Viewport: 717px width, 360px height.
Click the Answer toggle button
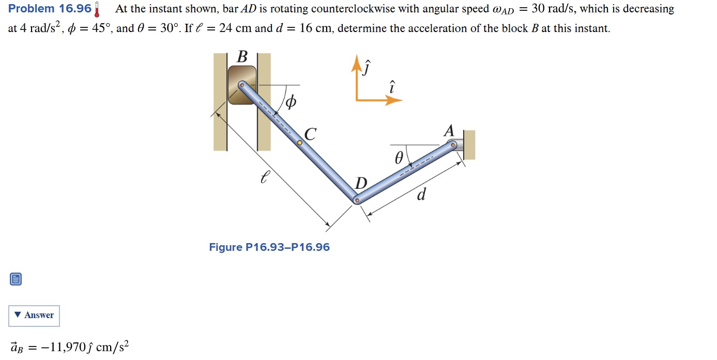(x=34, y=316)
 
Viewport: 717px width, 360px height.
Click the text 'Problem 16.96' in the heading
(x=50, y=9)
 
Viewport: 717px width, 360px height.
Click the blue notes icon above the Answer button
(x=16, y=280)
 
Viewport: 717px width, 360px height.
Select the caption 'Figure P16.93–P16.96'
(x=269, y=247)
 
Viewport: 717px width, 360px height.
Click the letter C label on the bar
(x=310, y=134)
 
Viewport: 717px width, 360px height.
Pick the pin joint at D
(x=357, y=200)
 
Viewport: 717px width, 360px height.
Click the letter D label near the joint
(x=361, y=183)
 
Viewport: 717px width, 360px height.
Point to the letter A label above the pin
(x=449, y=131)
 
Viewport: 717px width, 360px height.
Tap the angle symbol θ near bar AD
(x=398, y=159)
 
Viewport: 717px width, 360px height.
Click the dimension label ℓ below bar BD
(x=265, y=178)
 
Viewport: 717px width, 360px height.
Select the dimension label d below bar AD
(x=421, y=195)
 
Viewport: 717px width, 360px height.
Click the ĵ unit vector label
(x=367, y=67)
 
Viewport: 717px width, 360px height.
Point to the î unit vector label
(x=392, y=87)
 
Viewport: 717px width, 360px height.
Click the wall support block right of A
(x=469, y=145)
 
